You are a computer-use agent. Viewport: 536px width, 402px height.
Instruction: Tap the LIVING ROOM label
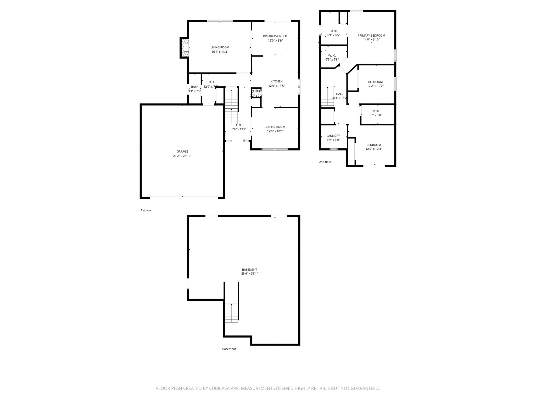pyautogui.click(x=220, y=47)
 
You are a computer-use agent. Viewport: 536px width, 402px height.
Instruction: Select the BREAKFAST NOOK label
pyautogui.click(x=275, y=36)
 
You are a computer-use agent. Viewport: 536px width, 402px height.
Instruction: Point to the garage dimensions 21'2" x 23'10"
pyautogui.click(x=182, y=156)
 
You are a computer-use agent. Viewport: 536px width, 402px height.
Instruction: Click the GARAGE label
pyautogui.click(x=182, y=151)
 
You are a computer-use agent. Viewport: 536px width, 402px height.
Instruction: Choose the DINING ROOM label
pyautogui.click(x=275, y=127)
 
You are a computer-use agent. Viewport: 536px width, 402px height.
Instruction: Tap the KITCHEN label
pyautogui.click(x=276, y=81)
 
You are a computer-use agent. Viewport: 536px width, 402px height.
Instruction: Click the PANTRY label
pyautogui.click(x=256, y=91)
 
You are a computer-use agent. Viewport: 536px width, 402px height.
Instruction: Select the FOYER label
pyautogui.click(x=239, y=125)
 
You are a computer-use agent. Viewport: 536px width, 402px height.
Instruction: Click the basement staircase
pyautogui.click(x=231, y=313)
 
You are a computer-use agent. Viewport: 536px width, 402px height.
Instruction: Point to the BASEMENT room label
pyautogui.click(x=249, y=270)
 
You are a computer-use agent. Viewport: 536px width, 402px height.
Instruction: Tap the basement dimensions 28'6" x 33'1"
pyautogui.click(x=249, y=274)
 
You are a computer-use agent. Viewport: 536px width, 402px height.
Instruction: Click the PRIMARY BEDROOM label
pyautogui.click(x=371, y=36)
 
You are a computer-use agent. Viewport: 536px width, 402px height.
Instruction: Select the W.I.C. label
pyautogui.click(x=332, y=55)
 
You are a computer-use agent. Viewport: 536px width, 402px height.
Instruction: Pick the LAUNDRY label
pyautogui.click(x=333, y=136)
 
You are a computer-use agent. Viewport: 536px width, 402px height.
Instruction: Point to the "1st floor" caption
pyautogui.click(x=146, y=210)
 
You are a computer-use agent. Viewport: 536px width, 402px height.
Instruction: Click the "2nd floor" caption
pyautogui.click(x=325, y=162)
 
